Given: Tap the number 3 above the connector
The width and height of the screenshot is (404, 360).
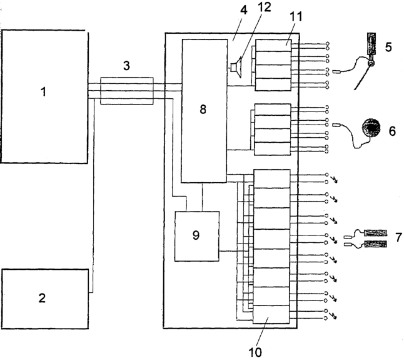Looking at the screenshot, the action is click(126, 66).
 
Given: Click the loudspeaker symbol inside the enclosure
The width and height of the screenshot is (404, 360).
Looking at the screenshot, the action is click(236, 68).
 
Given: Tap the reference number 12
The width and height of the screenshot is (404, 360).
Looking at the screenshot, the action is click(264, 8).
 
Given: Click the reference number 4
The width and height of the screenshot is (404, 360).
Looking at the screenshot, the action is click(243, 10).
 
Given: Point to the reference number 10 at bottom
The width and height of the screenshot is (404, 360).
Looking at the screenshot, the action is click(255, 352).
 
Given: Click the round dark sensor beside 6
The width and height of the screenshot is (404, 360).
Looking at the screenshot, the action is click(371, 128).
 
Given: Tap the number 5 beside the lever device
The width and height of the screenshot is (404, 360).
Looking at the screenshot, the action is click(388, 47).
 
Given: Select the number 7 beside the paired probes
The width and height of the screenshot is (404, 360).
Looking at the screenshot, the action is click(398, 237).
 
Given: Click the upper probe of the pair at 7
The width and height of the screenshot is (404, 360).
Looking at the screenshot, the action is click(375, 233).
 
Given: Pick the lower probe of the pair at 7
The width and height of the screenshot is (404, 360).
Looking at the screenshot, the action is click(375, 244).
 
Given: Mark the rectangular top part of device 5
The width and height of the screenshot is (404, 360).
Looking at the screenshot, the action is click(371, 43).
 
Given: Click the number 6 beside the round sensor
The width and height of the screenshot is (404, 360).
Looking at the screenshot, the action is click(392, 131).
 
